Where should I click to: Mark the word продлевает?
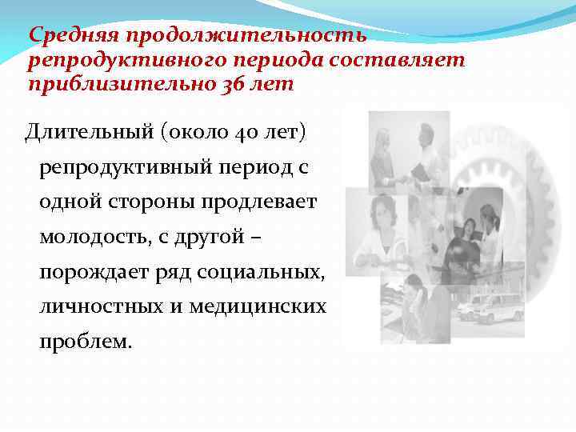pos(265,201)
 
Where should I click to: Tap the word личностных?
pos(101,307)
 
